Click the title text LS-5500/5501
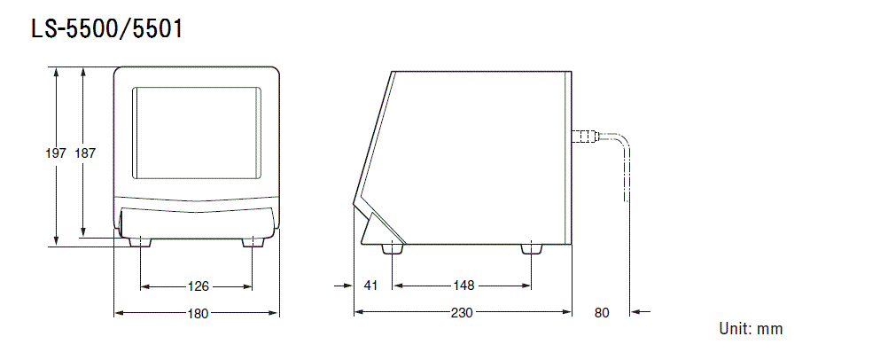click(106, 29)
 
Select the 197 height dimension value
click(56, 153)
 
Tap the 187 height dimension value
click(85, 153)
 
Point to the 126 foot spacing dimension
click(198, 286)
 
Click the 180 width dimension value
click(197, 313)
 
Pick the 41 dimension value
click(370, 286)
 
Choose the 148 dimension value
click(462, 286)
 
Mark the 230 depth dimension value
click(462, 313)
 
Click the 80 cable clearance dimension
click(602, 313)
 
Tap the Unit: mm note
click(750, 329)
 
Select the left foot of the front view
click(140, 241)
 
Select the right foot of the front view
click(253, 241)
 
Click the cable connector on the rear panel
click(584, 137)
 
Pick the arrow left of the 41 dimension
click(342, 286)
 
